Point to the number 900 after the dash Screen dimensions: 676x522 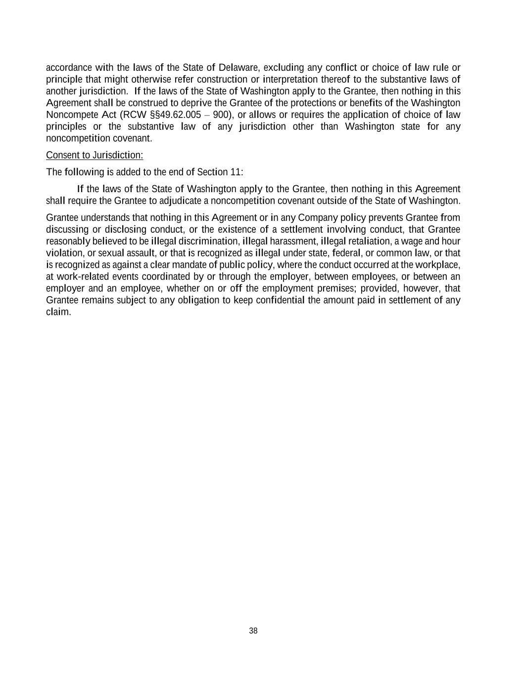click(x=221, y=115)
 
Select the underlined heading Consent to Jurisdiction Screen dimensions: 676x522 click(x=95, y=155)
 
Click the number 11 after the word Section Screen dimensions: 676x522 click(x=236, y=172)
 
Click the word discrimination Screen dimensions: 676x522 click(x=209, y=241)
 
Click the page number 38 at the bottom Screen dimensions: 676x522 click(x=253, y=630)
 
